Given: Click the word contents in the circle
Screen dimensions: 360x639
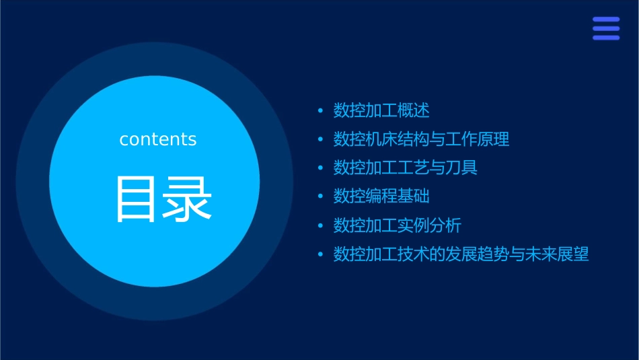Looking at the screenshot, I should click(x=158, y=139).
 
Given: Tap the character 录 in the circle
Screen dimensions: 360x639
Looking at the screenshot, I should click(x=188, y=199).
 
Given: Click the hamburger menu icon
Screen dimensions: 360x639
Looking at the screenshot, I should click(x=606, y=28).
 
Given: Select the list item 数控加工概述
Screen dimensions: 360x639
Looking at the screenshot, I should click(x=381, y=110).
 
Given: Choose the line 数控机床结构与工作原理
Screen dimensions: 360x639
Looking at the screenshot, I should click(x=421, y=139).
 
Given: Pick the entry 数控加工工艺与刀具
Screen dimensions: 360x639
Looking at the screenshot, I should click(x=406, y=168).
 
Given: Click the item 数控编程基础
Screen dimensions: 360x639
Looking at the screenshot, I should click(x=381, y=196).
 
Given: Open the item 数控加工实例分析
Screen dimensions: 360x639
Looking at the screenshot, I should click(x=398, y=225).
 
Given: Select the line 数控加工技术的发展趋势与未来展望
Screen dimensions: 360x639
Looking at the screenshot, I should click(x=461, y=254).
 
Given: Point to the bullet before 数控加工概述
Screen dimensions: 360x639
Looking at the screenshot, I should click(x=320, y=110).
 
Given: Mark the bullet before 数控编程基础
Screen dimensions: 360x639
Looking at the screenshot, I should click(x=320, y=196).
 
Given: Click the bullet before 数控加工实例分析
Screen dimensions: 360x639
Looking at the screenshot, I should click(x=320, y=225).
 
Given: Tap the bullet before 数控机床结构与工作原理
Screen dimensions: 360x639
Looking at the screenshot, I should click(x=320, y=139).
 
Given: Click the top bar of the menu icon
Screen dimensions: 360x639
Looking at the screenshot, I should click(x=606, y=20).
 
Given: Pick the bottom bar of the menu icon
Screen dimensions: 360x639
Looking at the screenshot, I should click(x=606, y=38).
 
